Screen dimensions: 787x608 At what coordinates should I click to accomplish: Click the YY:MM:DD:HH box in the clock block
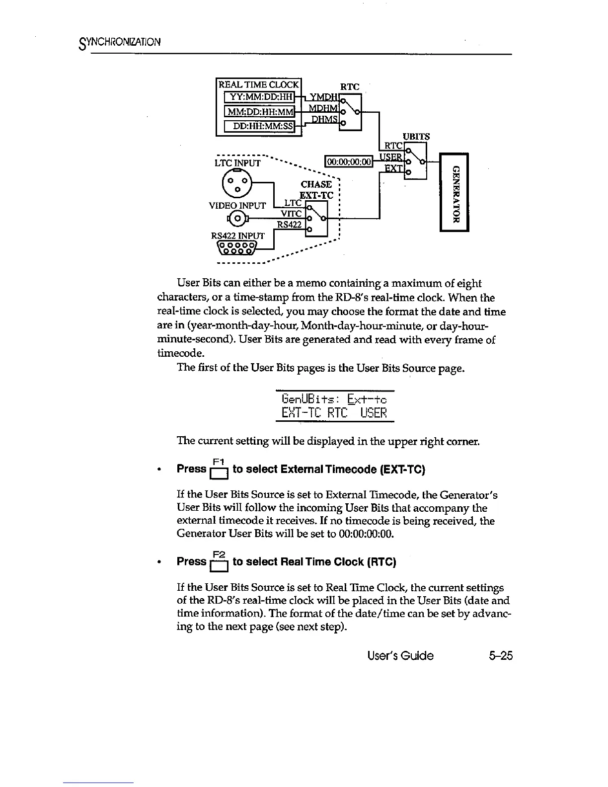(x=260, y=97)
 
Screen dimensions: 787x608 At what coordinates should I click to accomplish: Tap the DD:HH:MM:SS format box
(x=260, y=127)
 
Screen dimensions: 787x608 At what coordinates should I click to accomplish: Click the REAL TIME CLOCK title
(x=259, y=84)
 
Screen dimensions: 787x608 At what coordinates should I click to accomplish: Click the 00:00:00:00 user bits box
(x=348, y=160)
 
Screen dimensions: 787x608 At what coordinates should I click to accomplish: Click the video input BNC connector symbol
(x=237, y=218)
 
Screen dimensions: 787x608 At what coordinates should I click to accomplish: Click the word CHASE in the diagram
(x=316, y=184)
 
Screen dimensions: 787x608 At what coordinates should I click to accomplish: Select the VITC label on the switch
(x=292, y=213)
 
